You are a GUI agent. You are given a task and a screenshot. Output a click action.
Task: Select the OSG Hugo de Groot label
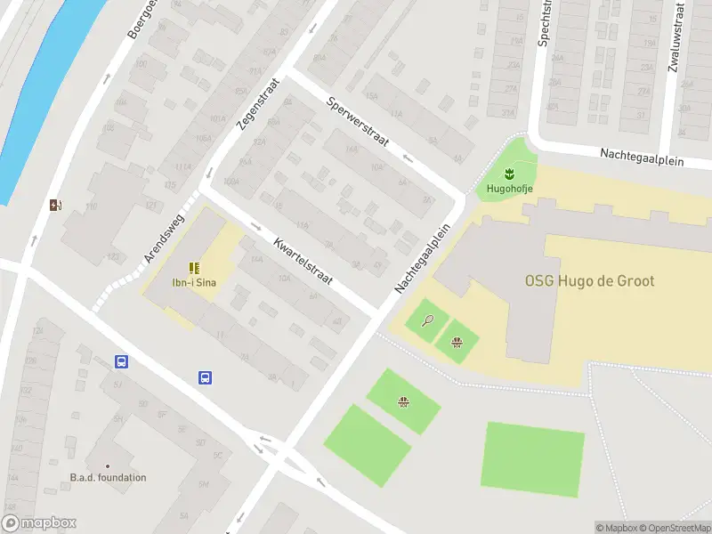[x=589, y=281]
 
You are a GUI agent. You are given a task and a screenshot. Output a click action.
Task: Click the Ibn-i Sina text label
[x=195, y=283]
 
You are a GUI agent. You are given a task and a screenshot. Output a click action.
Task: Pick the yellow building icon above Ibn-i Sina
[x=194, y=268]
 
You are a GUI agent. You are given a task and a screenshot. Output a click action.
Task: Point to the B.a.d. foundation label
[x=108, y=478]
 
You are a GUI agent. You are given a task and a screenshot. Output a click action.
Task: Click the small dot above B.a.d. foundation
[x=108, y=465]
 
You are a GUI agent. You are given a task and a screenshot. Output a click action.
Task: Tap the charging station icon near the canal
[x=57, y=206]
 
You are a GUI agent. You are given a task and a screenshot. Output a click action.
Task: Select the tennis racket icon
[x=428, y=320]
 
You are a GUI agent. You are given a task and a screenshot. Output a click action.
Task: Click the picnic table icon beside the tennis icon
[x=457, y=342]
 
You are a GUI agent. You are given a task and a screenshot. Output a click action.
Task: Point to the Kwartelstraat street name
[x=303, y=261]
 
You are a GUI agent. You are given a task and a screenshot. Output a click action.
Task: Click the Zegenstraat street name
[x=259, y=102]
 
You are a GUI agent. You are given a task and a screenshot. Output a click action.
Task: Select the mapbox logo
[x=39, y=523]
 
